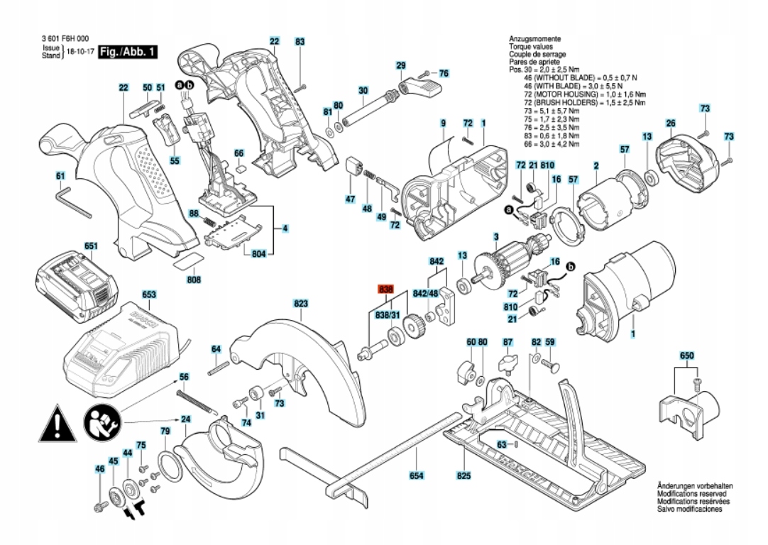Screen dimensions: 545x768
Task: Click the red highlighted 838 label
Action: (x=385, y=290)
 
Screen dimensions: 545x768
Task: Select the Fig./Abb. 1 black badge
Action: (x=128, y=53)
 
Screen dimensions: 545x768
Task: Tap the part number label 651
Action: (x=91, y=246)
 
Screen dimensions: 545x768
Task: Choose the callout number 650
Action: (x=686, y=354)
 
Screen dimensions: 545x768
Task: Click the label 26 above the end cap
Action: (x=670, y=124)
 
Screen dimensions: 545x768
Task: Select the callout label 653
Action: (x=149, y=293)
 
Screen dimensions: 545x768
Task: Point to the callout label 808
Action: (x=194, y=280)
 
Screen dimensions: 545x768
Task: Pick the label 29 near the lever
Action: (x=401, y=65)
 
